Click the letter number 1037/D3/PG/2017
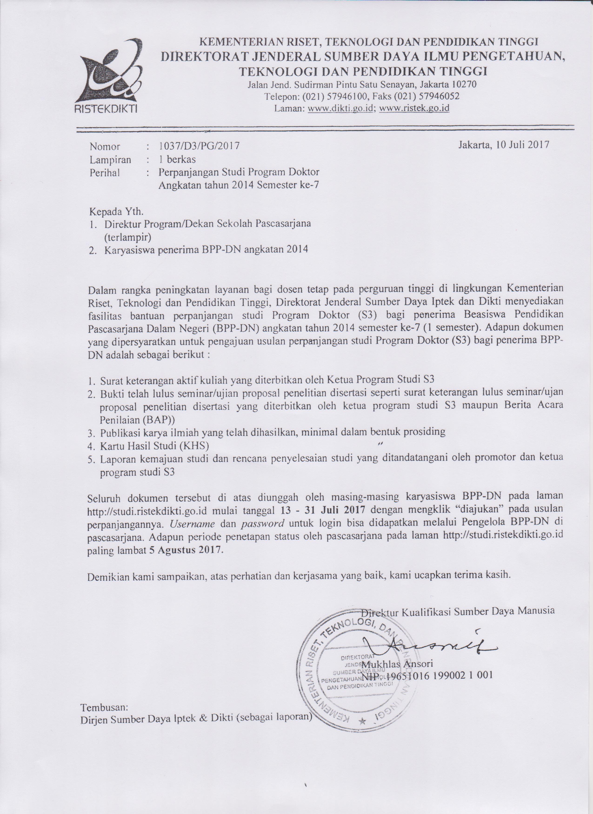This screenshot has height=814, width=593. [x=199, y=146]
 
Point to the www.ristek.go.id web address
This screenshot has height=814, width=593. [x=414, y=108]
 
